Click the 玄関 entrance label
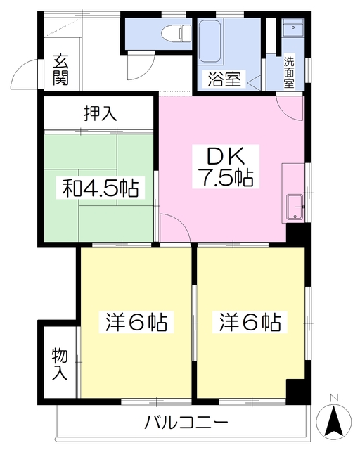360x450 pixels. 60,69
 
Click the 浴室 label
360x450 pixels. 223,79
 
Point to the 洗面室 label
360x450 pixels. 290,71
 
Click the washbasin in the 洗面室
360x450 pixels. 290,30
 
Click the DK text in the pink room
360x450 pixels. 223,155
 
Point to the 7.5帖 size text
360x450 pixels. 223,178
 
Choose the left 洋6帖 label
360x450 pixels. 136,323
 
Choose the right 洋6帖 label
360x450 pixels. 250,323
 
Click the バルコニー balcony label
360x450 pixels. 186,423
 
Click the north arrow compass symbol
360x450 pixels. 335,421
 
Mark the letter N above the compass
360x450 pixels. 335,399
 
